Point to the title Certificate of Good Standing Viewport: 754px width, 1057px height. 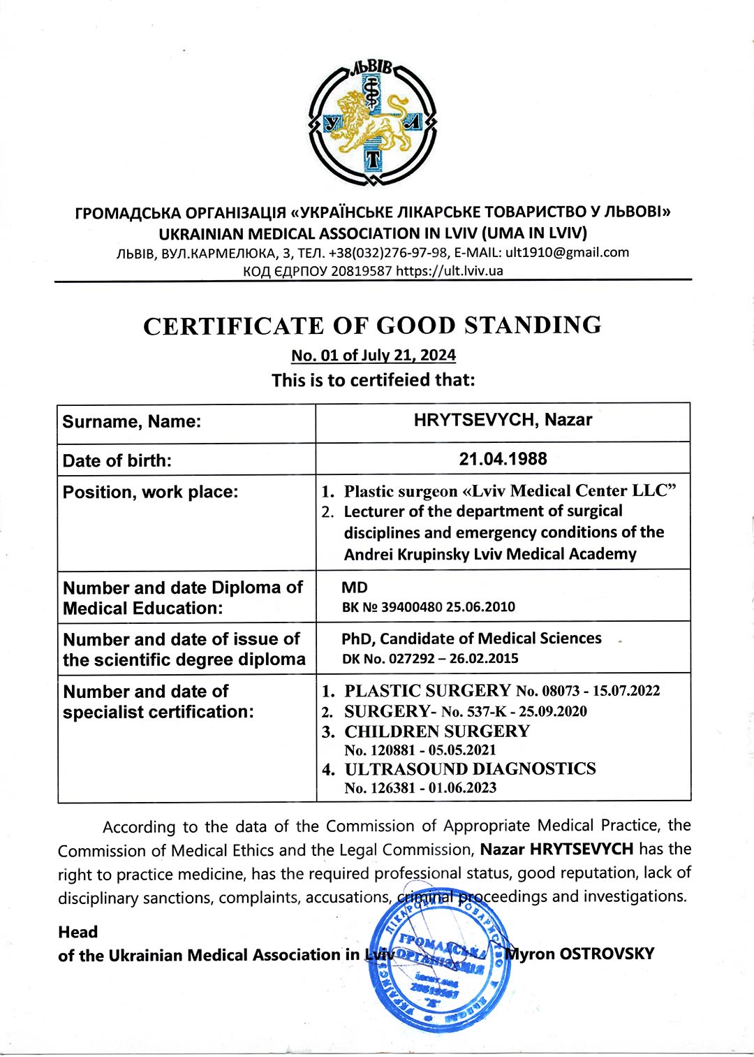(372, 326)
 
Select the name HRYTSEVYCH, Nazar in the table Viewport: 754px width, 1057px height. (503, 421)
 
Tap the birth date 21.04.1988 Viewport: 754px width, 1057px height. (503, 459)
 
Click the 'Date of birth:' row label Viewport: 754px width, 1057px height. (117, 460)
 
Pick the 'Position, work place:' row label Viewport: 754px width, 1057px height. (151, 492)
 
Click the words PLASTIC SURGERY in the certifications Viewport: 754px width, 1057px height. (427, 691)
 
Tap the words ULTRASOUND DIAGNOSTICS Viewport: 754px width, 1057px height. (470, 769)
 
